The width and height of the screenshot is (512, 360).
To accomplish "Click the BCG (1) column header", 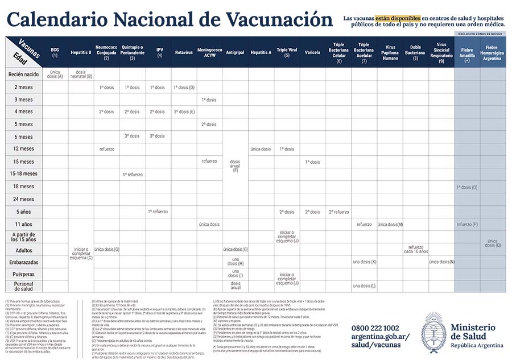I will click(x=55, y=52).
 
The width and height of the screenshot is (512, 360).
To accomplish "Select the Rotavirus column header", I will click(x=184, y=52).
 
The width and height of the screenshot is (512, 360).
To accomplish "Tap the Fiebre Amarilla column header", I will click(x=467, y=52).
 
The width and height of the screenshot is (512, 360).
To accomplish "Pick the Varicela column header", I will click(x=312, y=52).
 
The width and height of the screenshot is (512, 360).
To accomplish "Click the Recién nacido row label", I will click(x=23, y=74).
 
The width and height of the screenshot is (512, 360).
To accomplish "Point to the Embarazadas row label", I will click(x=23, y=262).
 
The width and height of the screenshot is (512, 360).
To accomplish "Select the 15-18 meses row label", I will click(x=23, y=174).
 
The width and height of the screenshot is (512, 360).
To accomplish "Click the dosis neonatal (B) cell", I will click(x=81, y=74).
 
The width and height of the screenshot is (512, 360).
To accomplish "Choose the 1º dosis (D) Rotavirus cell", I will click(x=184, y=87).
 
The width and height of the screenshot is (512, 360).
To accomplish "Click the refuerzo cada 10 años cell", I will click(x=415, y=250).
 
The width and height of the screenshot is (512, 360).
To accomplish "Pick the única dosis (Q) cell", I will click(x=493, y=243).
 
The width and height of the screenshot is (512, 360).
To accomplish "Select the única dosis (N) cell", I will click(x=441, y=262).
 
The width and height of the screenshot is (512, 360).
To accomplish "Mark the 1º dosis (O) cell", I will click(x=467, y=187).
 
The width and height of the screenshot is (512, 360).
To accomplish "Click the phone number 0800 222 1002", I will click(x=375, y=328).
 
